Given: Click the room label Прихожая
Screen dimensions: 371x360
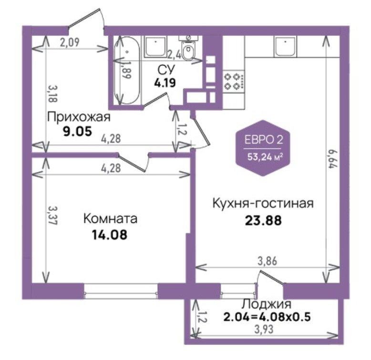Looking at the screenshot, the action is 79,117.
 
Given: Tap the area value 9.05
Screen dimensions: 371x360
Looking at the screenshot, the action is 77,132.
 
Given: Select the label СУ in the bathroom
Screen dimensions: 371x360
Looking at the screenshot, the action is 166,70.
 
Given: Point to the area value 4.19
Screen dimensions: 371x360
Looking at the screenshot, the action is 165,83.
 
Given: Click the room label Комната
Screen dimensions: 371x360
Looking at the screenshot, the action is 110,218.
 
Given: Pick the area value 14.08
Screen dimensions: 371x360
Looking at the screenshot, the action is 110,235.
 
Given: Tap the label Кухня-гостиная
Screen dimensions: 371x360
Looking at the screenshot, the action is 263,203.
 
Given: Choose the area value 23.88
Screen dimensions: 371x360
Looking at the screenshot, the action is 263,220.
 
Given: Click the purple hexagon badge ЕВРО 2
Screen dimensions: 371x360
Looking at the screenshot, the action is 263,148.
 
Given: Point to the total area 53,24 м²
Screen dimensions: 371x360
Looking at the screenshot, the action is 265,157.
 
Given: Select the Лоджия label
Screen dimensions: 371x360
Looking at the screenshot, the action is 267,304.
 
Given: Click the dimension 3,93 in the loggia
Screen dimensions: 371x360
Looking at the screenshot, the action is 264,329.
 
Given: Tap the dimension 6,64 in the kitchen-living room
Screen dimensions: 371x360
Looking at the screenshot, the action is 332,158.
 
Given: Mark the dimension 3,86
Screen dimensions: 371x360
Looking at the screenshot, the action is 267,261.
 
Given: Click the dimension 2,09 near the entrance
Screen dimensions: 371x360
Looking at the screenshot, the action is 69,42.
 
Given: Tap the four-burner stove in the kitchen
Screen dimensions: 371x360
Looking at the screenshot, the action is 234,82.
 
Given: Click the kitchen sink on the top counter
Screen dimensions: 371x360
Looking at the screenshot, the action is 285,47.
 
